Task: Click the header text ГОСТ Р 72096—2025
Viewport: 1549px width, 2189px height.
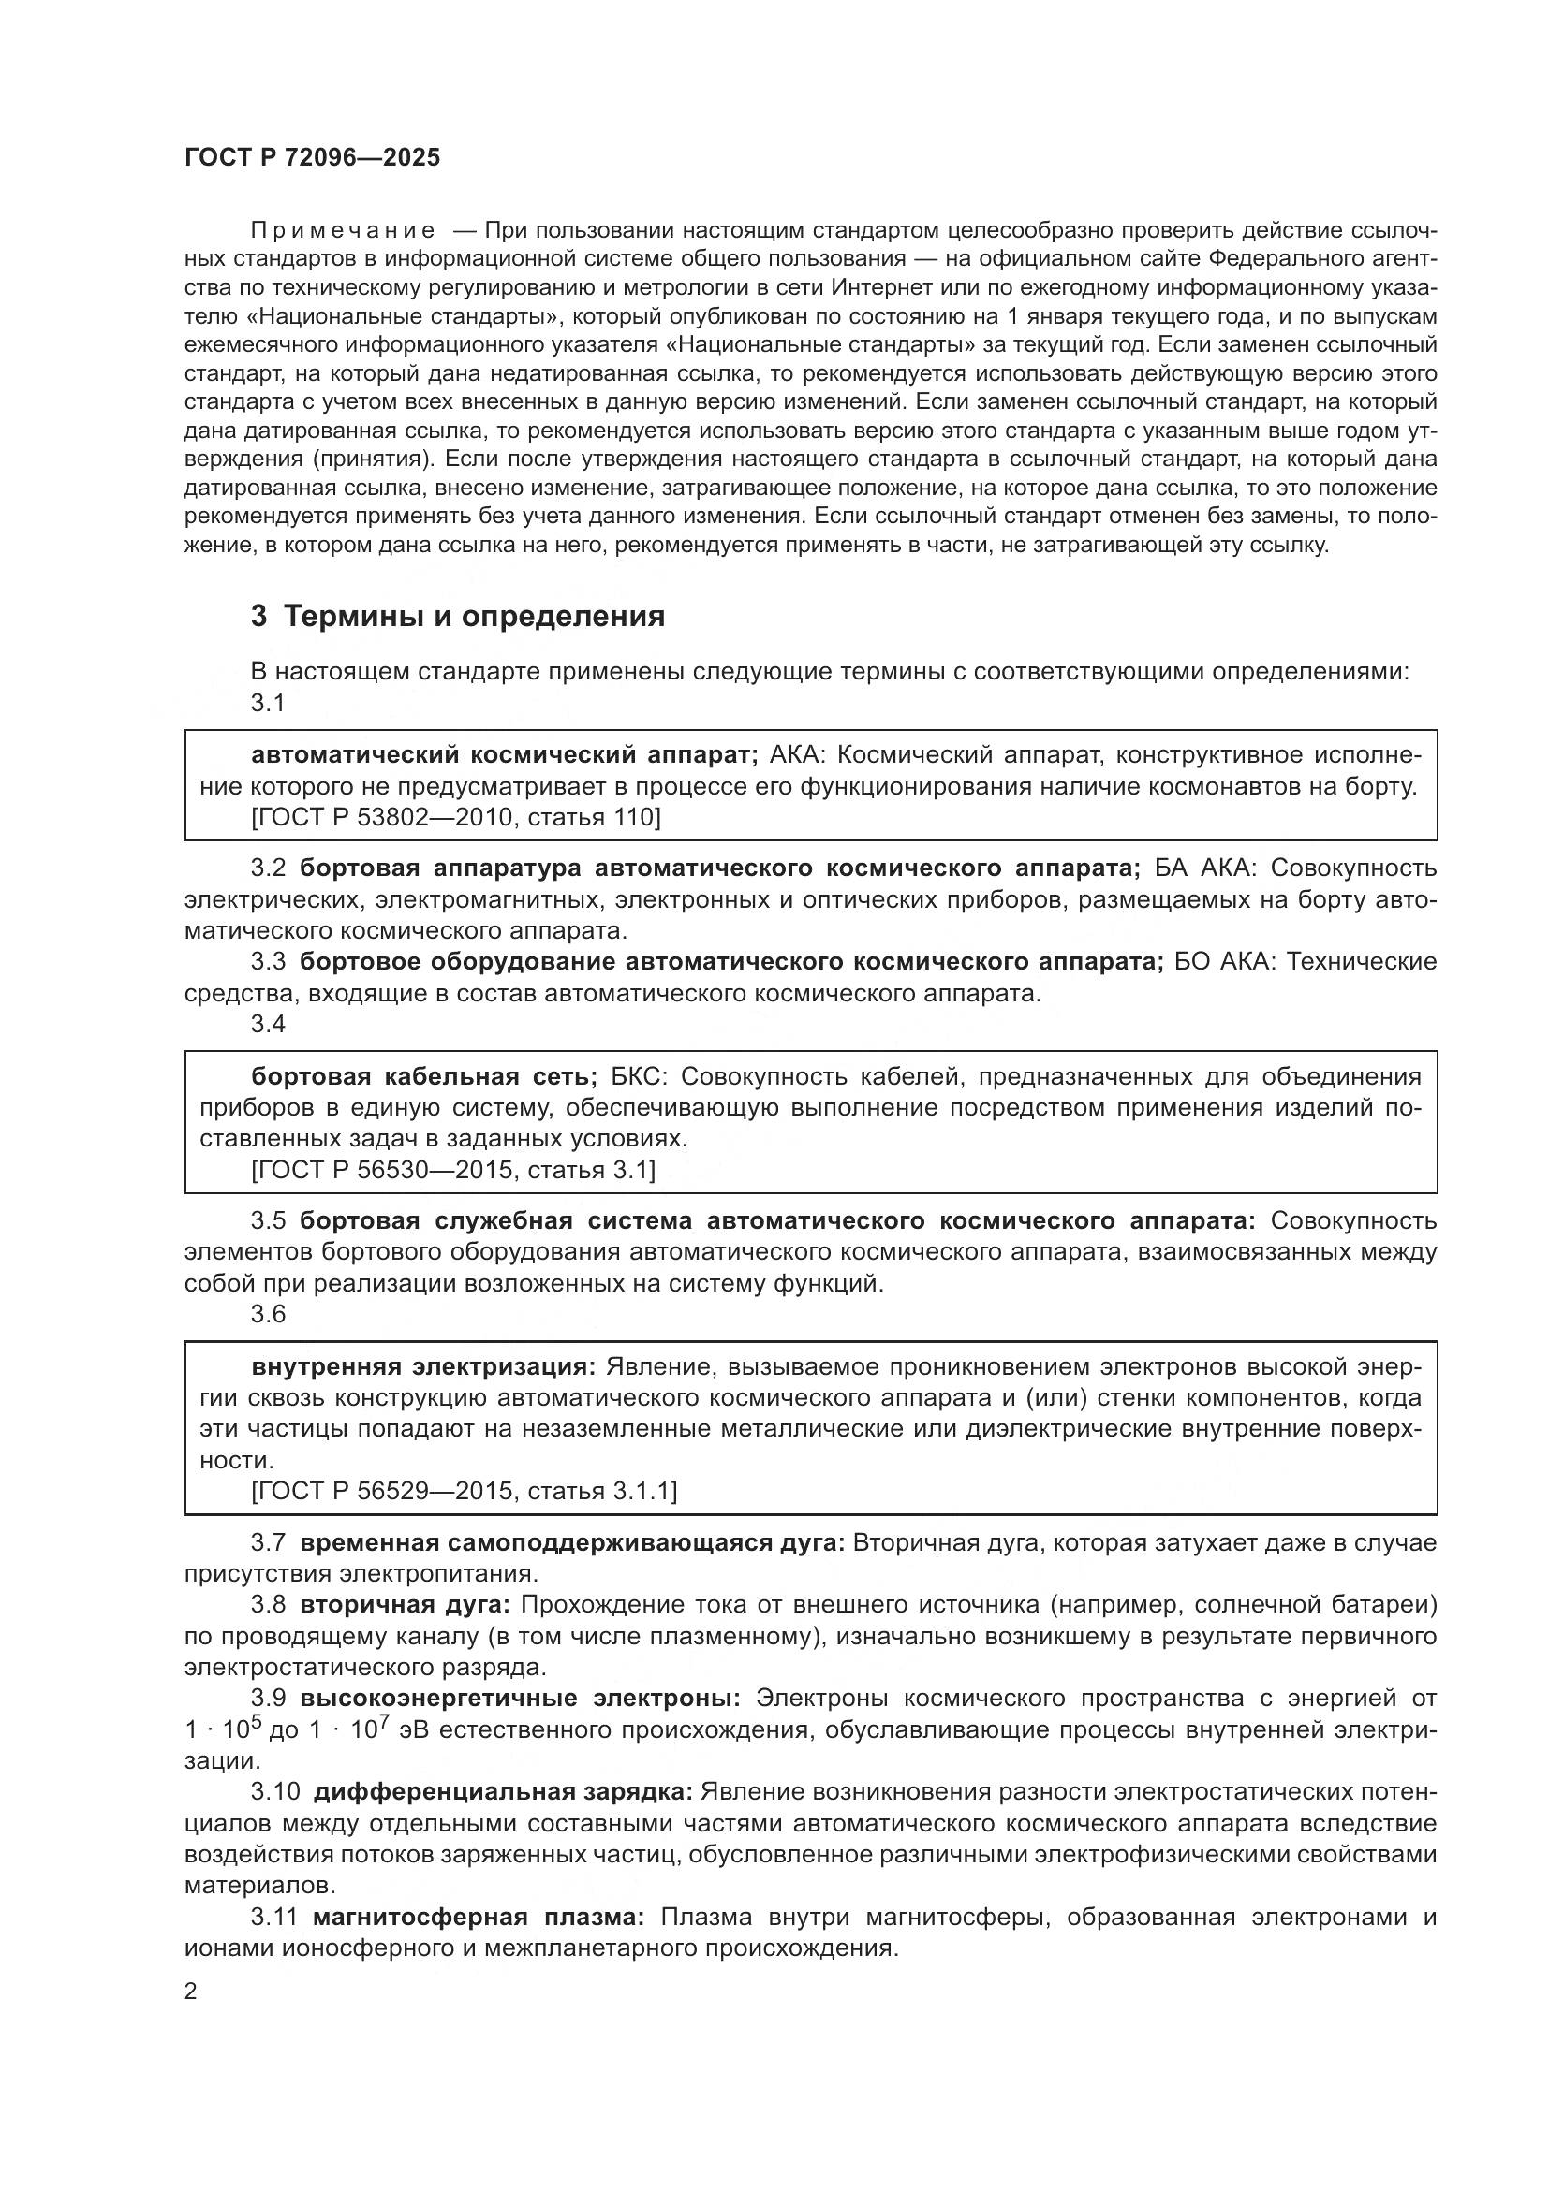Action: click(312, 158)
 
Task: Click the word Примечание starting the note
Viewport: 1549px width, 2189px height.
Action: click(343, 231)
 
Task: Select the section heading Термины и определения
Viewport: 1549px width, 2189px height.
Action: click(474, 617)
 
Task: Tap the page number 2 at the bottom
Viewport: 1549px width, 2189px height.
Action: click(191, 1992)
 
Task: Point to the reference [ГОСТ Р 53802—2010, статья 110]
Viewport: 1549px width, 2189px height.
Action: click(456, 817)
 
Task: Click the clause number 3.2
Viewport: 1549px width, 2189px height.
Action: click(268, 868)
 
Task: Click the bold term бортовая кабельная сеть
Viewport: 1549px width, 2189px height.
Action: click(423, 1077)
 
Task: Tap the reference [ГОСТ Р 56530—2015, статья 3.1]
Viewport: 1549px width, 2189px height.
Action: click(453, 1170)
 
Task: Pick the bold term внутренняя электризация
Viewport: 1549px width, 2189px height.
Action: click(422, 1367)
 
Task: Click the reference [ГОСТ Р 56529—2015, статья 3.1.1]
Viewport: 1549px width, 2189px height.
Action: click(464, 1491)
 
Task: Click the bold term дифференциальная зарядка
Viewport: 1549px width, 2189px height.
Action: click(503, 1792)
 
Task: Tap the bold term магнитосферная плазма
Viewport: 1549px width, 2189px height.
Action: click(479, 1918)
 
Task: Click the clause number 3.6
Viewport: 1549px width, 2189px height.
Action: click(268, 1314)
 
